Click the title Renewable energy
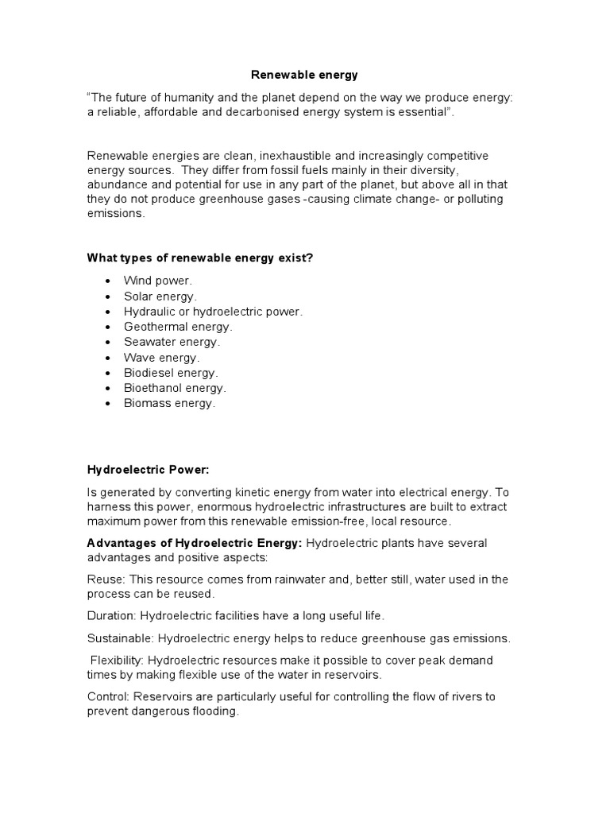click(304, 76)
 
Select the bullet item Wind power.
click(157, 281)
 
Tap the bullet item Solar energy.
click(160, 297)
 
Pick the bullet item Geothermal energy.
click(178, 327)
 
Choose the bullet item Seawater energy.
click(172, 342)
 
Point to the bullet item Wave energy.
click(161, 358)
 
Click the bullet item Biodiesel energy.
click(171, 373)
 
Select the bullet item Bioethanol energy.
click(175, 388)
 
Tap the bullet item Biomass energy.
click(169, 403)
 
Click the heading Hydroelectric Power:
click(148, 470)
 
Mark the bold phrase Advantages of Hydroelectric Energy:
click(195, 543)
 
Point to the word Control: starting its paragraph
click(109, 697)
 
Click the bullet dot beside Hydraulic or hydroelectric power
click(107, 312)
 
